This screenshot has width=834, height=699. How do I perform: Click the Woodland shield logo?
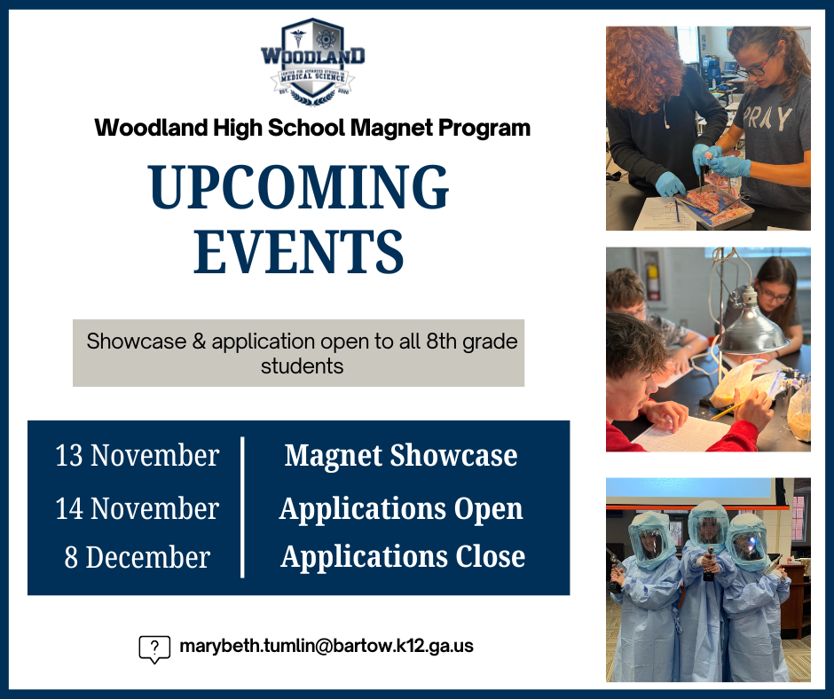[312, 60]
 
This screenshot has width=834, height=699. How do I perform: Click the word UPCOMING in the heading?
[299, 188]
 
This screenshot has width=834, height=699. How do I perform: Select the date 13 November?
[137, 455]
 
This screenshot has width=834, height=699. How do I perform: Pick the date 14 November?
[137, 508]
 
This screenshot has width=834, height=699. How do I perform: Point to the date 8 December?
[137, 557]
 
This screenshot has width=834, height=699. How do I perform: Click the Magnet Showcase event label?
[401, 455]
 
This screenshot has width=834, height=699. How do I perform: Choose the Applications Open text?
[401, 508]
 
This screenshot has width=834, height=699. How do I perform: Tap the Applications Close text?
[403, 557]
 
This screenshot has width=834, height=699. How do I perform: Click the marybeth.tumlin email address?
[327, 646]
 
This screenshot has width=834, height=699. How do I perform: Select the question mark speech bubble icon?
[154, 648]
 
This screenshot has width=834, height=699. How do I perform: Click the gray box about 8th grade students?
[298, 353]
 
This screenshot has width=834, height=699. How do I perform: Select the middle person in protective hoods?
[707, 585]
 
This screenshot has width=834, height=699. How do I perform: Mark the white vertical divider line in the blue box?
[242, 507]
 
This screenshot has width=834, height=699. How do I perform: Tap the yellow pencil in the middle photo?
[729, 410]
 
